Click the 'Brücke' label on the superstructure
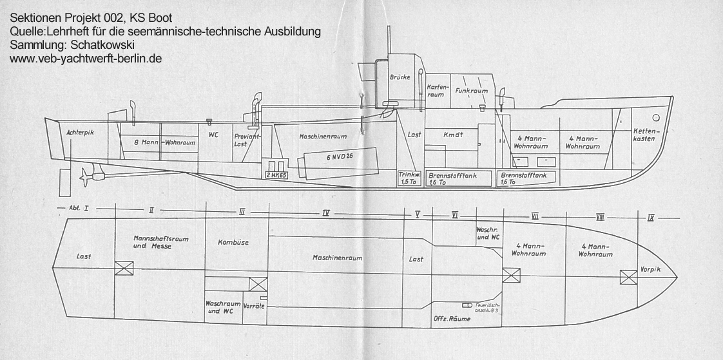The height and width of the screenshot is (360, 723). coord(400,77)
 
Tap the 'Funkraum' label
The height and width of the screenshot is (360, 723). coord(471,91)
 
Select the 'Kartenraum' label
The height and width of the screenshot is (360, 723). coord(436,90)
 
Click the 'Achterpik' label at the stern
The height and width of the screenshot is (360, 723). coord(81,132)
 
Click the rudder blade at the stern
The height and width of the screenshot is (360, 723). coord(64,182)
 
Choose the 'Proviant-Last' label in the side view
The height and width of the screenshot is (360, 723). coord(240,140)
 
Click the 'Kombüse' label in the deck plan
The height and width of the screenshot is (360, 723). coord(233,242)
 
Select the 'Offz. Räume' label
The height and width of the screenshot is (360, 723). coord(451,319)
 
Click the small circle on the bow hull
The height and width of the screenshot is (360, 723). coord(656,118)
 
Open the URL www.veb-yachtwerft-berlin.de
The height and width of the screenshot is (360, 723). coord(86,58)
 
